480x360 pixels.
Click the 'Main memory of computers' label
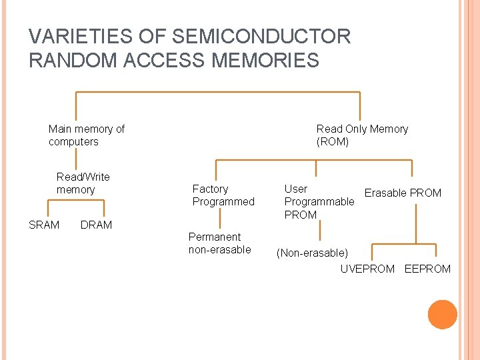(x=86, y=135)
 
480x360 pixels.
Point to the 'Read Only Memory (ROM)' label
(x=362, y=135)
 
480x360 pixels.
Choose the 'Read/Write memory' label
(x=83, y=183)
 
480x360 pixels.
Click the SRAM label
(x=44, y=225)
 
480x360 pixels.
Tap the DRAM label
(x=96, y=225)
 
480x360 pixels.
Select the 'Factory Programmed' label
(x=223, y=195)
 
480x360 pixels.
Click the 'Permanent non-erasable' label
(x=219, y=243)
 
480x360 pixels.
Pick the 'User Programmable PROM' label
(x=319, y=201)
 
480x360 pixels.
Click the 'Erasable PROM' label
(x=403, y=193)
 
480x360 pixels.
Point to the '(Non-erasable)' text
(x=313, y=253)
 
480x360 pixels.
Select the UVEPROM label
(x=367, y=269)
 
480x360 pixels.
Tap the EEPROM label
(x=427, y=269)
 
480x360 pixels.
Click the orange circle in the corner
(x=443, y=315)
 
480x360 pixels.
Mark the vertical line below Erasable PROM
(x=417, y=223)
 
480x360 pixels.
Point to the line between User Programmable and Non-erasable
(x=321, y=231)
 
